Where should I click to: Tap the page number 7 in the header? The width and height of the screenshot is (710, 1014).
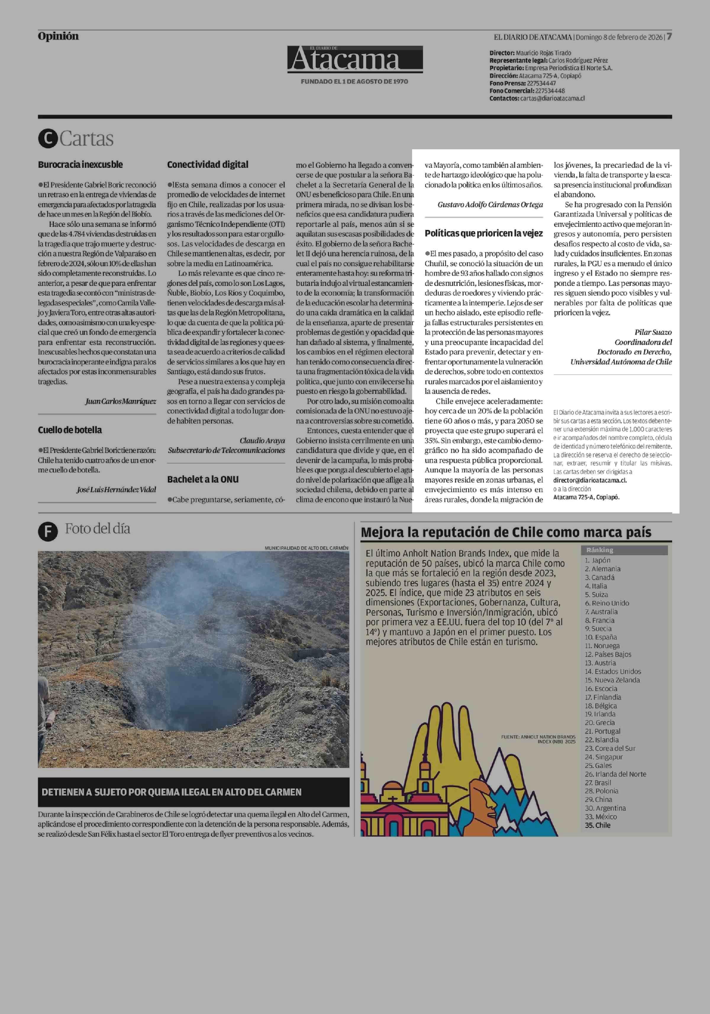(x=669, y=36)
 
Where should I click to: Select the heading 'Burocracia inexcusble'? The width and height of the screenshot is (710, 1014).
(x=80, y=165)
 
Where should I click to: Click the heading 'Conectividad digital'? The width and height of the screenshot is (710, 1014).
(x=208, y=165)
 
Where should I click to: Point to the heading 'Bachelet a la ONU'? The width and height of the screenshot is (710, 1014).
(x=203, y=479)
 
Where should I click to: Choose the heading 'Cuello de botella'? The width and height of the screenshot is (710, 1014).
(x=70, y=430)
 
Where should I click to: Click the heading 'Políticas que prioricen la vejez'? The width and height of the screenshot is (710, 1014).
(x=484, y=233)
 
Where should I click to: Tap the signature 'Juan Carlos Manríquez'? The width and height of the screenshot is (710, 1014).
(x=121, y=401)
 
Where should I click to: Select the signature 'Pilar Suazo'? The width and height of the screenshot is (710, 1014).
(x=653, y=332)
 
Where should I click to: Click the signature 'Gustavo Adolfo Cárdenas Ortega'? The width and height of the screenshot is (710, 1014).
(x=490, y=205)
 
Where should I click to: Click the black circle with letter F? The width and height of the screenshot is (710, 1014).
(x=48, y=531)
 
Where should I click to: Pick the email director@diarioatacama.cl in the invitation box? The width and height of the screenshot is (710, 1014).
(x=590, y=480)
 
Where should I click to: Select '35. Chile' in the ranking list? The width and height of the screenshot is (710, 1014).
(x=598, y=825)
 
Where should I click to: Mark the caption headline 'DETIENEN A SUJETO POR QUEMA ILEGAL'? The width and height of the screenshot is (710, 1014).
(x=171, y=792)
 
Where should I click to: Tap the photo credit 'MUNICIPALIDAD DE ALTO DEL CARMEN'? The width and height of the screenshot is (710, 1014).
(x=306, y=548)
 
